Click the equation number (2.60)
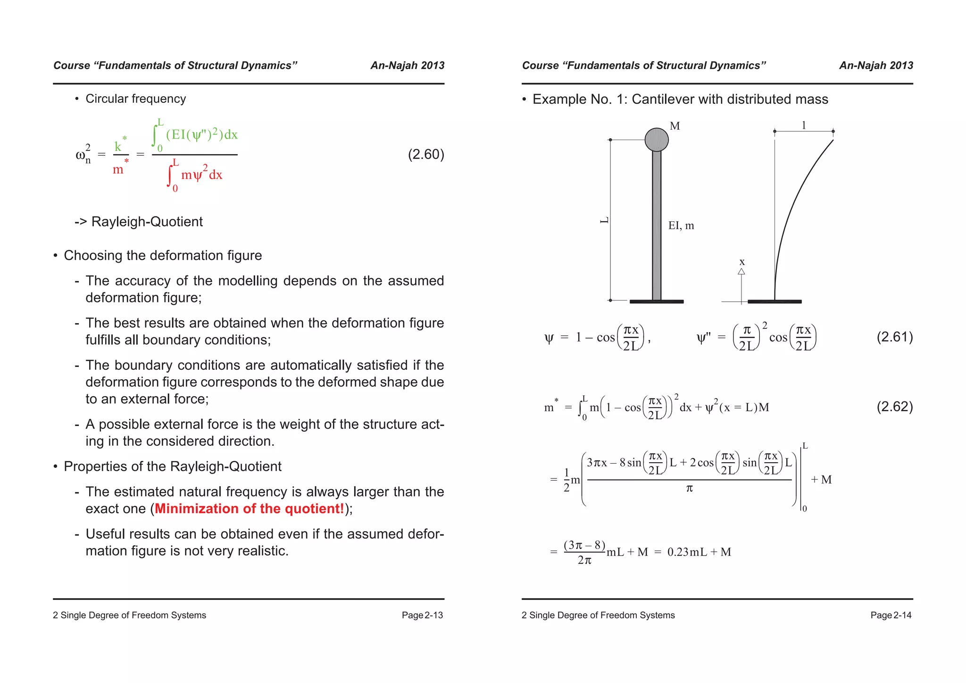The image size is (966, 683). [425, 154]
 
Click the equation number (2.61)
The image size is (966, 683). [894, 337]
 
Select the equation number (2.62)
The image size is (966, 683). [894, 407]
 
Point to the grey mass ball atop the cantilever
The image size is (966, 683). [657, 140]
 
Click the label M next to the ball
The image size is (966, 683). [675, 126]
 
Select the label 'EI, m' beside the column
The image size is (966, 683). [681, 225]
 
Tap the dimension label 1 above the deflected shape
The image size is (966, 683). [804, 125]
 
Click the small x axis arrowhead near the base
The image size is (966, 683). [741, 271]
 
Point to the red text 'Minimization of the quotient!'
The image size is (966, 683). [249, 508]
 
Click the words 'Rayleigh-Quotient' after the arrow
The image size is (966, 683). [147, 222]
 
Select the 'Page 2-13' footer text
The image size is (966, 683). [422, 615]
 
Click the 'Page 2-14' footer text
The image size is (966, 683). [891, 615]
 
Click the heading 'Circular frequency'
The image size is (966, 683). [135, 99]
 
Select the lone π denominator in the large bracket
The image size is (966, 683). [689, 489]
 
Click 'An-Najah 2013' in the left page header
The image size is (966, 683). [407, 66]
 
